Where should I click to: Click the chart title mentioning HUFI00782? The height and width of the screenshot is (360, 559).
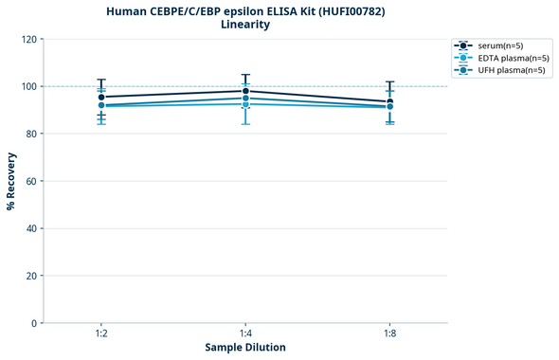(244, 11)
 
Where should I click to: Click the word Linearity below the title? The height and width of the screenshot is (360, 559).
(244, 25)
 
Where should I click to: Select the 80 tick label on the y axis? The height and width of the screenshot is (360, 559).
(30, 134)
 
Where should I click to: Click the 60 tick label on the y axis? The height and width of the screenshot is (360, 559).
(30, 181)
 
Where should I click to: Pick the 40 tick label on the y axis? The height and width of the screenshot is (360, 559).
(30, 228)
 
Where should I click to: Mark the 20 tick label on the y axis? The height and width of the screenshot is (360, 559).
(30, 276)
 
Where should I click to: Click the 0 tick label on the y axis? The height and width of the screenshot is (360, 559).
(33, 323)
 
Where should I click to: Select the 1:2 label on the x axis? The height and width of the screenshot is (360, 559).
(101, 334)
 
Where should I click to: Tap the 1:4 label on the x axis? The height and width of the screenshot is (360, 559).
(245, 334)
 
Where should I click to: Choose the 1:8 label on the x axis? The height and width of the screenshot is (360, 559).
(389, 334)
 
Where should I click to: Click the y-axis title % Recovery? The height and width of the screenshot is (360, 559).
(11, 181)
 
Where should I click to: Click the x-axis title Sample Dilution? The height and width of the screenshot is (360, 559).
(245, 348)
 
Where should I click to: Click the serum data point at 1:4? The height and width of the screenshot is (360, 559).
(245, 91)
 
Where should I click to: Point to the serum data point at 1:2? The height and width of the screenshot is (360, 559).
(101, 97)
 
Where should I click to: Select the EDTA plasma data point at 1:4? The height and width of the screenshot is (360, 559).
(245, 104)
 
